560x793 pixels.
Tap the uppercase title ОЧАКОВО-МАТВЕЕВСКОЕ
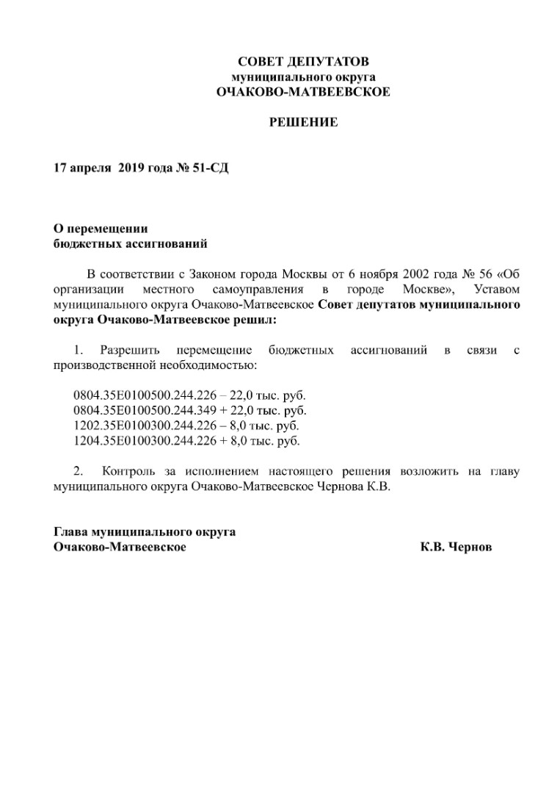[x=303, y=92]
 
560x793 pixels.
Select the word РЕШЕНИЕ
[x=303, y=122]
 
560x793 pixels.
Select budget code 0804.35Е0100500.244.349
[x=137, y=410]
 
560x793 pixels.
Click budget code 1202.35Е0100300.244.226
[x=137, y=426]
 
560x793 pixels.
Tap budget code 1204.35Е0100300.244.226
[x=137, y=441]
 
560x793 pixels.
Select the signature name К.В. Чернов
[x=457, y=548]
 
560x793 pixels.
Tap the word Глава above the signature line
[x=71, y=532]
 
